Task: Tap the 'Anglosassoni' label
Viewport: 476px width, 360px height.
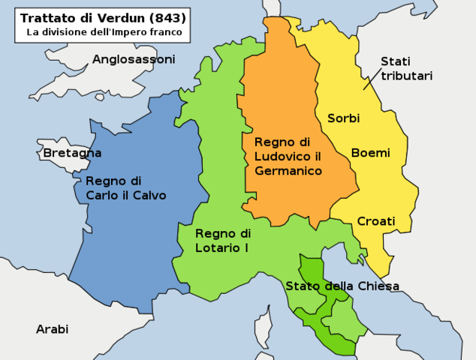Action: click(134, 59)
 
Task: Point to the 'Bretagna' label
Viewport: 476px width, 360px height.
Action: click(72, 153)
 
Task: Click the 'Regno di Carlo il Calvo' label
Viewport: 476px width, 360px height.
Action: click(125, 188)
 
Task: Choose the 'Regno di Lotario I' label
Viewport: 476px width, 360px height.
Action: click(223, 240)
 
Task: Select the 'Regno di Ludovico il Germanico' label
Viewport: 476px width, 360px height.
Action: click(288, 156)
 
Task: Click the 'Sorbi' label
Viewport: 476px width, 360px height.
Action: click(343, 118)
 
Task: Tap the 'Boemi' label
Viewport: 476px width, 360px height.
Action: click(370, 153)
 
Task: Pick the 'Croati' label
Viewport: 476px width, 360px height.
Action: click(375, 221)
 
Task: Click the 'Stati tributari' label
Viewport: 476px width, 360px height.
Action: click(405, 68)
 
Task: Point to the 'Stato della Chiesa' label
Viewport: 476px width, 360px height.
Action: click(342, 286)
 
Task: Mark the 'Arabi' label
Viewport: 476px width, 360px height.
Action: click(52, 329)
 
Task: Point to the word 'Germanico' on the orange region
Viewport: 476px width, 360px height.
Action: click(288, 171)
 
